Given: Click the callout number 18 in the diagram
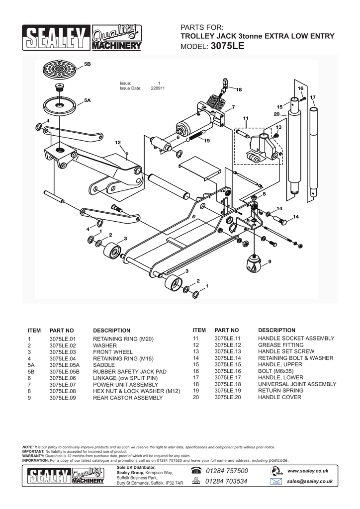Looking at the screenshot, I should (238, 89).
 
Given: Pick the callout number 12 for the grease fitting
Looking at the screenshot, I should (118, 143).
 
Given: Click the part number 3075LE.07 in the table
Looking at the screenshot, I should (62, 384).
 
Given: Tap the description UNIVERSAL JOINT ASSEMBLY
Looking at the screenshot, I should (297, 384).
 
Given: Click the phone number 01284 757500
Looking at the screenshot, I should (226, 471).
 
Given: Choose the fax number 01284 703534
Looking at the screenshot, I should (226, 481).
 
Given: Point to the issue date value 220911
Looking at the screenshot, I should (158, 88).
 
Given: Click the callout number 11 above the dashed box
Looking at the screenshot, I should (245, 118).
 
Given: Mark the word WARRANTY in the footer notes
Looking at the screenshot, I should (34, 456).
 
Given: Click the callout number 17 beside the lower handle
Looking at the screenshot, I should (313, 97).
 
